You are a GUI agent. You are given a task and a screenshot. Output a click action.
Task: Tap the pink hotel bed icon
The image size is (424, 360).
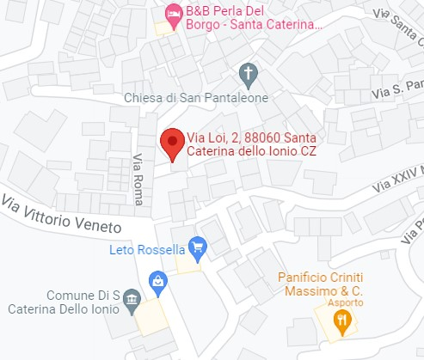(172, 14)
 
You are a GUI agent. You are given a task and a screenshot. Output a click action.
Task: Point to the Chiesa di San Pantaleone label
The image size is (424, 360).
(196, 97)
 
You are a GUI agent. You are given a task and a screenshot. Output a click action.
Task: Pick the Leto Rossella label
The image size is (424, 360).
(148, 250)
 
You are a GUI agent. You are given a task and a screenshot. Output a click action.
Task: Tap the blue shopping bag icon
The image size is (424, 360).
(158, 280)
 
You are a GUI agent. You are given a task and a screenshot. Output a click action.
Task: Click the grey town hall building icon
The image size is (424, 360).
(132, 300)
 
